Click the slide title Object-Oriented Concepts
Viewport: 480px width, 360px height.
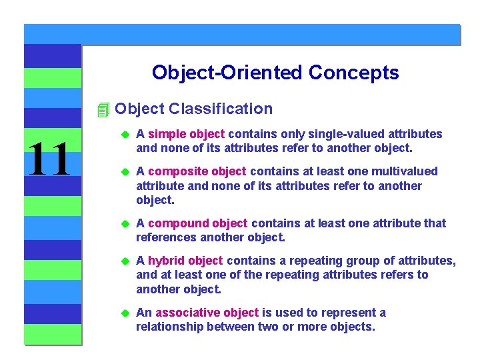(x=275, y=72)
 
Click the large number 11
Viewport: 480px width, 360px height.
(x=48, y=160)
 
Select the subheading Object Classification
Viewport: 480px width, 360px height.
(x=193, y=109)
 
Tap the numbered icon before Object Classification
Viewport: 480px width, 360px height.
(x=102, y=109)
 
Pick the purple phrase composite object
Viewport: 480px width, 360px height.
(x=197, y=171)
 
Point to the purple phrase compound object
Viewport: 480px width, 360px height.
(x=197, y=223)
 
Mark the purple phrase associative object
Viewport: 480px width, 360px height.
(x=207, y=313)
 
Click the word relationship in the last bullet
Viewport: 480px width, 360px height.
(x=169, y=327)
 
